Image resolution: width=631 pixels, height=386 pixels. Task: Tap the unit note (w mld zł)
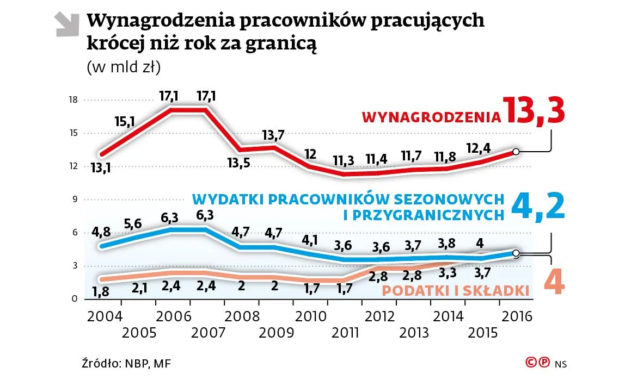tap(123, 67)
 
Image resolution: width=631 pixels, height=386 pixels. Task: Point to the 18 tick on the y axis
tap(73, 100)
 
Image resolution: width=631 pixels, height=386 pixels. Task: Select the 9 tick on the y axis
tap(75, 200)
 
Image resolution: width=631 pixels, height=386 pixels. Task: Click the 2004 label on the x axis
tap(103, 317)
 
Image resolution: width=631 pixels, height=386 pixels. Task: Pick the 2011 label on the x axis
tap(345, 332)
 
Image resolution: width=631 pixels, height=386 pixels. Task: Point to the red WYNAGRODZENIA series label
tap(431, 117)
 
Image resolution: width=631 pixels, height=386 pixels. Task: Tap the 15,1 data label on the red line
tap(125, 121)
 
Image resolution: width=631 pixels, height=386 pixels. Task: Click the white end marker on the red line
tap(516, 152)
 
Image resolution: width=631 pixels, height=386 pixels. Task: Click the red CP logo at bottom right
tap(536, 363)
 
